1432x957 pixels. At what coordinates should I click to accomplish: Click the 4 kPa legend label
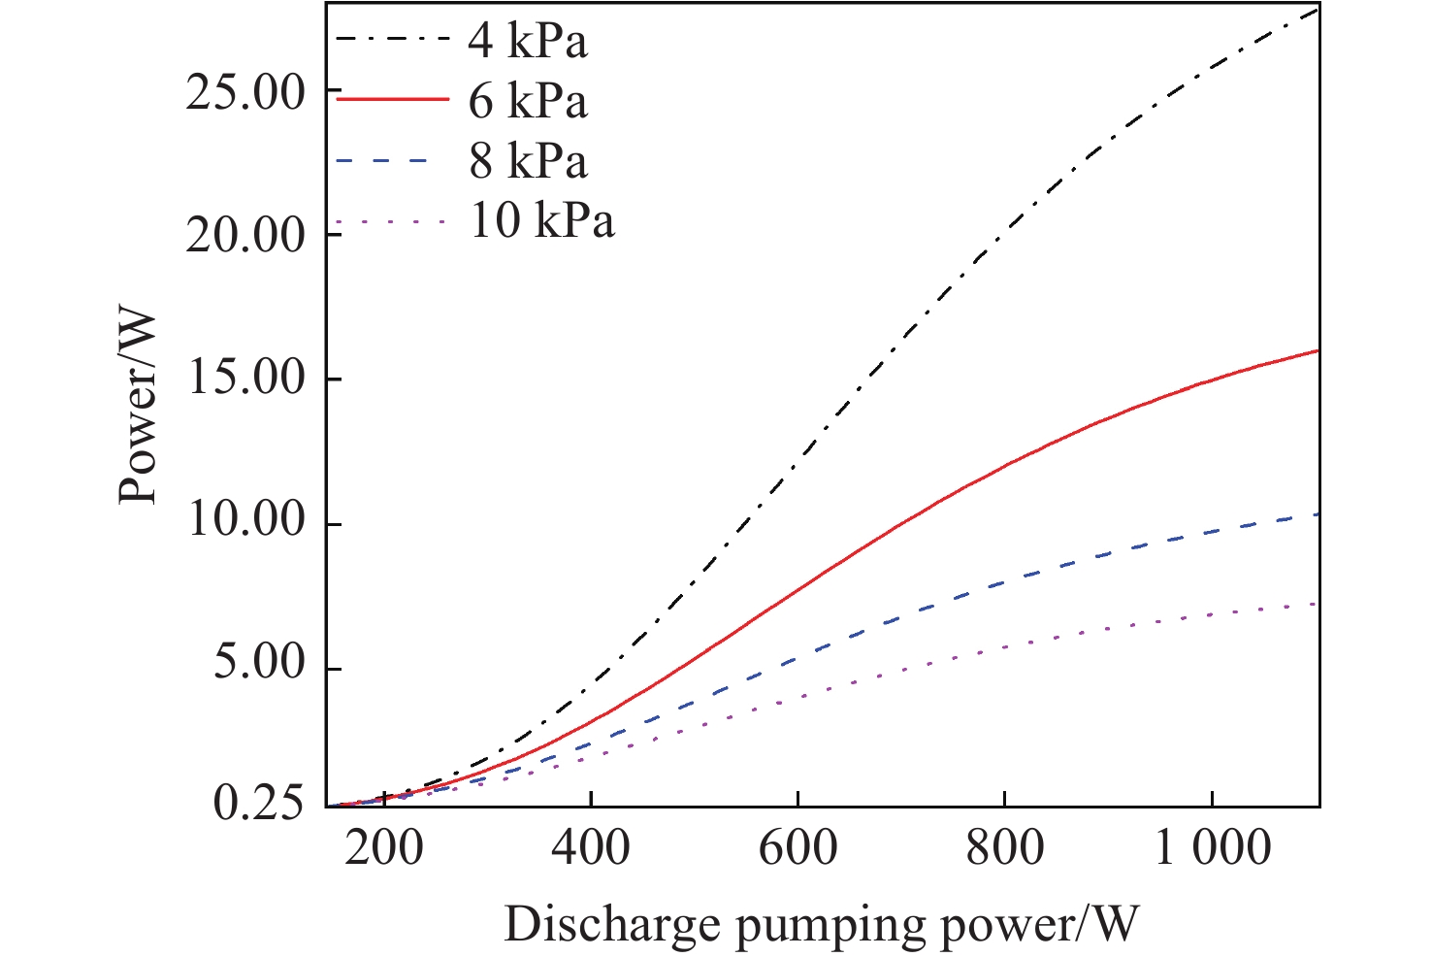tap(528, 41)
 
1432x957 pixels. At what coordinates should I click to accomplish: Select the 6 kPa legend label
tap(528, 101)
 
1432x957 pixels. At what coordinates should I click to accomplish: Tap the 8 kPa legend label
tap(528, 161)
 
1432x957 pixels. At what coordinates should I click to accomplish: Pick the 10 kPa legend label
tap(541, 221)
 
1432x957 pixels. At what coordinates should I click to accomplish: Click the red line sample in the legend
tap(392, 99)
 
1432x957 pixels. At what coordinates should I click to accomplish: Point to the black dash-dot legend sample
tap(392, 40)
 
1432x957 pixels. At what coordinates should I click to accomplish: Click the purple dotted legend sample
tap(392, 222)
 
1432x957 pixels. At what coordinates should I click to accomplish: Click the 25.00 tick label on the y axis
tap(245, 93)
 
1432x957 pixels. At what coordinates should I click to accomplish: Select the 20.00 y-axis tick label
tap(245, 236)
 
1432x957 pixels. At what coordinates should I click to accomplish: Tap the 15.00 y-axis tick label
tap(245, 379)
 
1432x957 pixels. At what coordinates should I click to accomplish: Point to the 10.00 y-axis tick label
tap(245, 522)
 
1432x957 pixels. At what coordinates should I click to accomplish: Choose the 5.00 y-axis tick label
tap(258, 667)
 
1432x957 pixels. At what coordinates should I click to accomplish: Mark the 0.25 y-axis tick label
tap(258, 806)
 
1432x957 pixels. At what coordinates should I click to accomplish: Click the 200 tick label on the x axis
tap(384, 848)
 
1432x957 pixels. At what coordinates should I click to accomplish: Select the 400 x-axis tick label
tap(591, 848)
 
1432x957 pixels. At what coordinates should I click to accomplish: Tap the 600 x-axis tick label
tap(797, 848)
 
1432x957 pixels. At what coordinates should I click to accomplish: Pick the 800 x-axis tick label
tap(1004, 848)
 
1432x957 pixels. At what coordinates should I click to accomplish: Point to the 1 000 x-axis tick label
tap(1212, 848)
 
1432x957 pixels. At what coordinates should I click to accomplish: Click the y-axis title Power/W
tap(139, 407)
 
